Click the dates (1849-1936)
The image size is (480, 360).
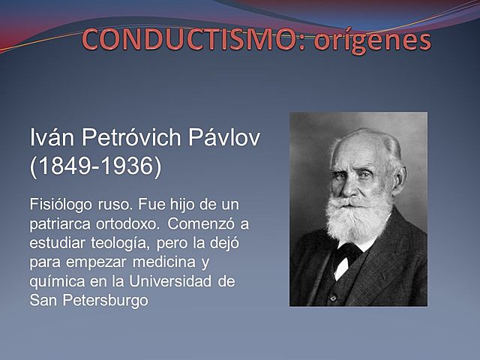[x=95, y=166]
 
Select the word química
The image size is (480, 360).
[x=56, y=282]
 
